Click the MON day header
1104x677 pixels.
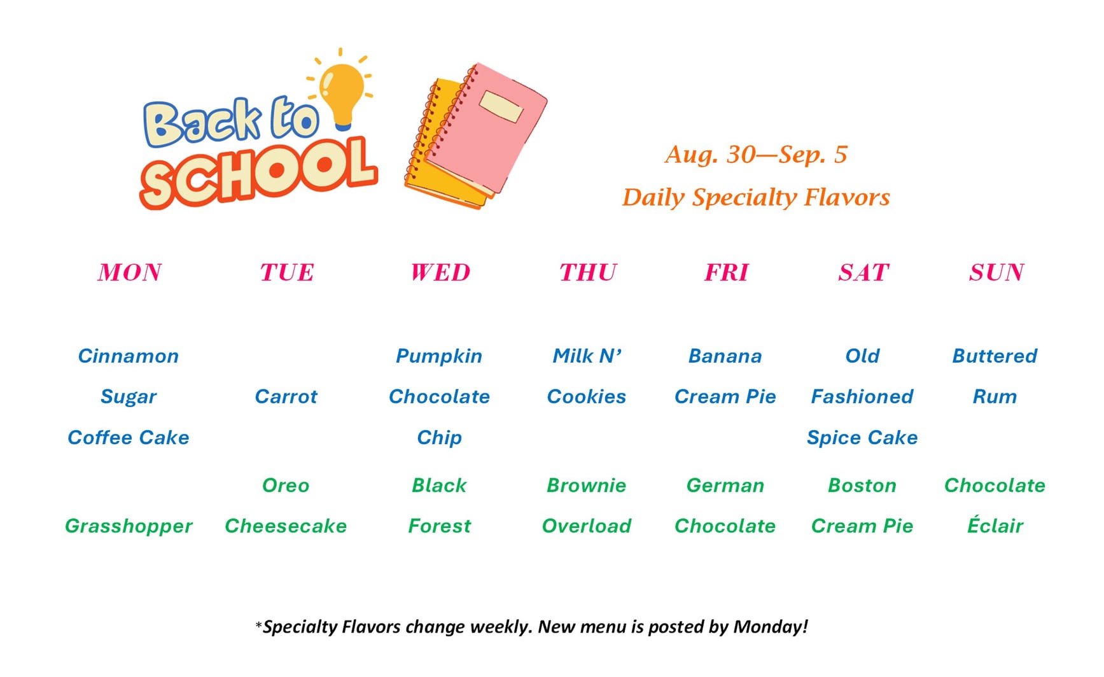pos(130,272)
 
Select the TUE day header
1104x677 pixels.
pos(287,272)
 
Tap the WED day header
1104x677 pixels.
pos(440,272)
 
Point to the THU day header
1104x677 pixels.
pos(588,272)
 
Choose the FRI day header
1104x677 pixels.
pos(726,272)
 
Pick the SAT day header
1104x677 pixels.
pos(863,272)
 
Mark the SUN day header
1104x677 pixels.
pos(996,272)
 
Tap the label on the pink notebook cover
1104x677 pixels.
pos(501,106)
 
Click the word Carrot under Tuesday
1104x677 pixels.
pos(286,396)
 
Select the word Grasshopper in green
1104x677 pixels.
pos(129,526)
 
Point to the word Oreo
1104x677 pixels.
pos(286,485)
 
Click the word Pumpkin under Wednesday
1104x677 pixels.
pos(439,356)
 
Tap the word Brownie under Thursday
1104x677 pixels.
pos(587,485)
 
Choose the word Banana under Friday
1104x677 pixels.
pos(725,356)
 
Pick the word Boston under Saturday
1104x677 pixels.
pos(862,485)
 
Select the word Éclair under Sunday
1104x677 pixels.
pos(995,525)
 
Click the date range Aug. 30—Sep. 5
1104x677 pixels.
pos(756,155)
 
